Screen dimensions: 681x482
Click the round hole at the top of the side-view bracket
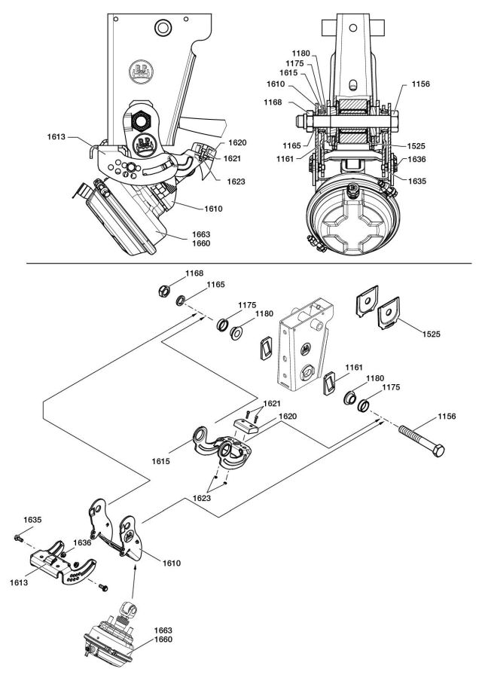(160, 29)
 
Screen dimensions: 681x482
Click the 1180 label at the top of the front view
(301, 53)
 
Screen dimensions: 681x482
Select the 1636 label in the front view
(418, 159)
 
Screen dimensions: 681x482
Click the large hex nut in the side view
(140, 120)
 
